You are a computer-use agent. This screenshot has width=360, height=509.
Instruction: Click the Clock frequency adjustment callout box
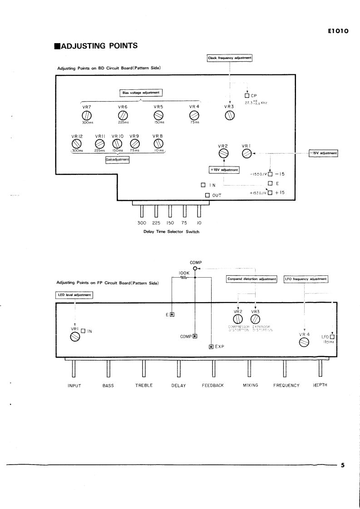pyautogui.click(x=230, y=58)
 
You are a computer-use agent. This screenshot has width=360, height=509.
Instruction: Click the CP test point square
pyautogui.click(x=247, y=96)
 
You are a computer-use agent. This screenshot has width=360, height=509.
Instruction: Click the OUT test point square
pyautogui.click(x=207, y=195)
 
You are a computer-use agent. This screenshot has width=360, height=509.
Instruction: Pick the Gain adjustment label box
pyautogui.click(x=117, y=160)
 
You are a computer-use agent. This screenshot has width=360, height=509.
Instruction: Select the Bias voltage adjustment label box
pyautogui.click(x=141, y=93)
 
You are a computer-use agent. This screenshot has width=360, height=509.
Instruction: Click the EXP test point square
pyautogui.click(x=211, y=347)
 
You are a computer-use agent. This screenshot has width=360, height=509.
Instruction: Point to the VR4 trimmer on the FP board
pyautogui.click(x=304, y=343)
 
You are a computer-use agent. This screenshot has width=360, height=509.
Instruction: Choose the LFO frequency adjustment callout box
pyautogui.click(x=306, y=279)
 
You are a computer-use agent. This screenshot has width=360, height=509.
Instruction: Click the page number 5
pyautogui.click(x=343, y=465)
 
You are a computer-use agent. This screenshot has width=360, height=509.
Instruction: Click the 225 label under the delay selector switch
pyautogui.click(x=156, y=223)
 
